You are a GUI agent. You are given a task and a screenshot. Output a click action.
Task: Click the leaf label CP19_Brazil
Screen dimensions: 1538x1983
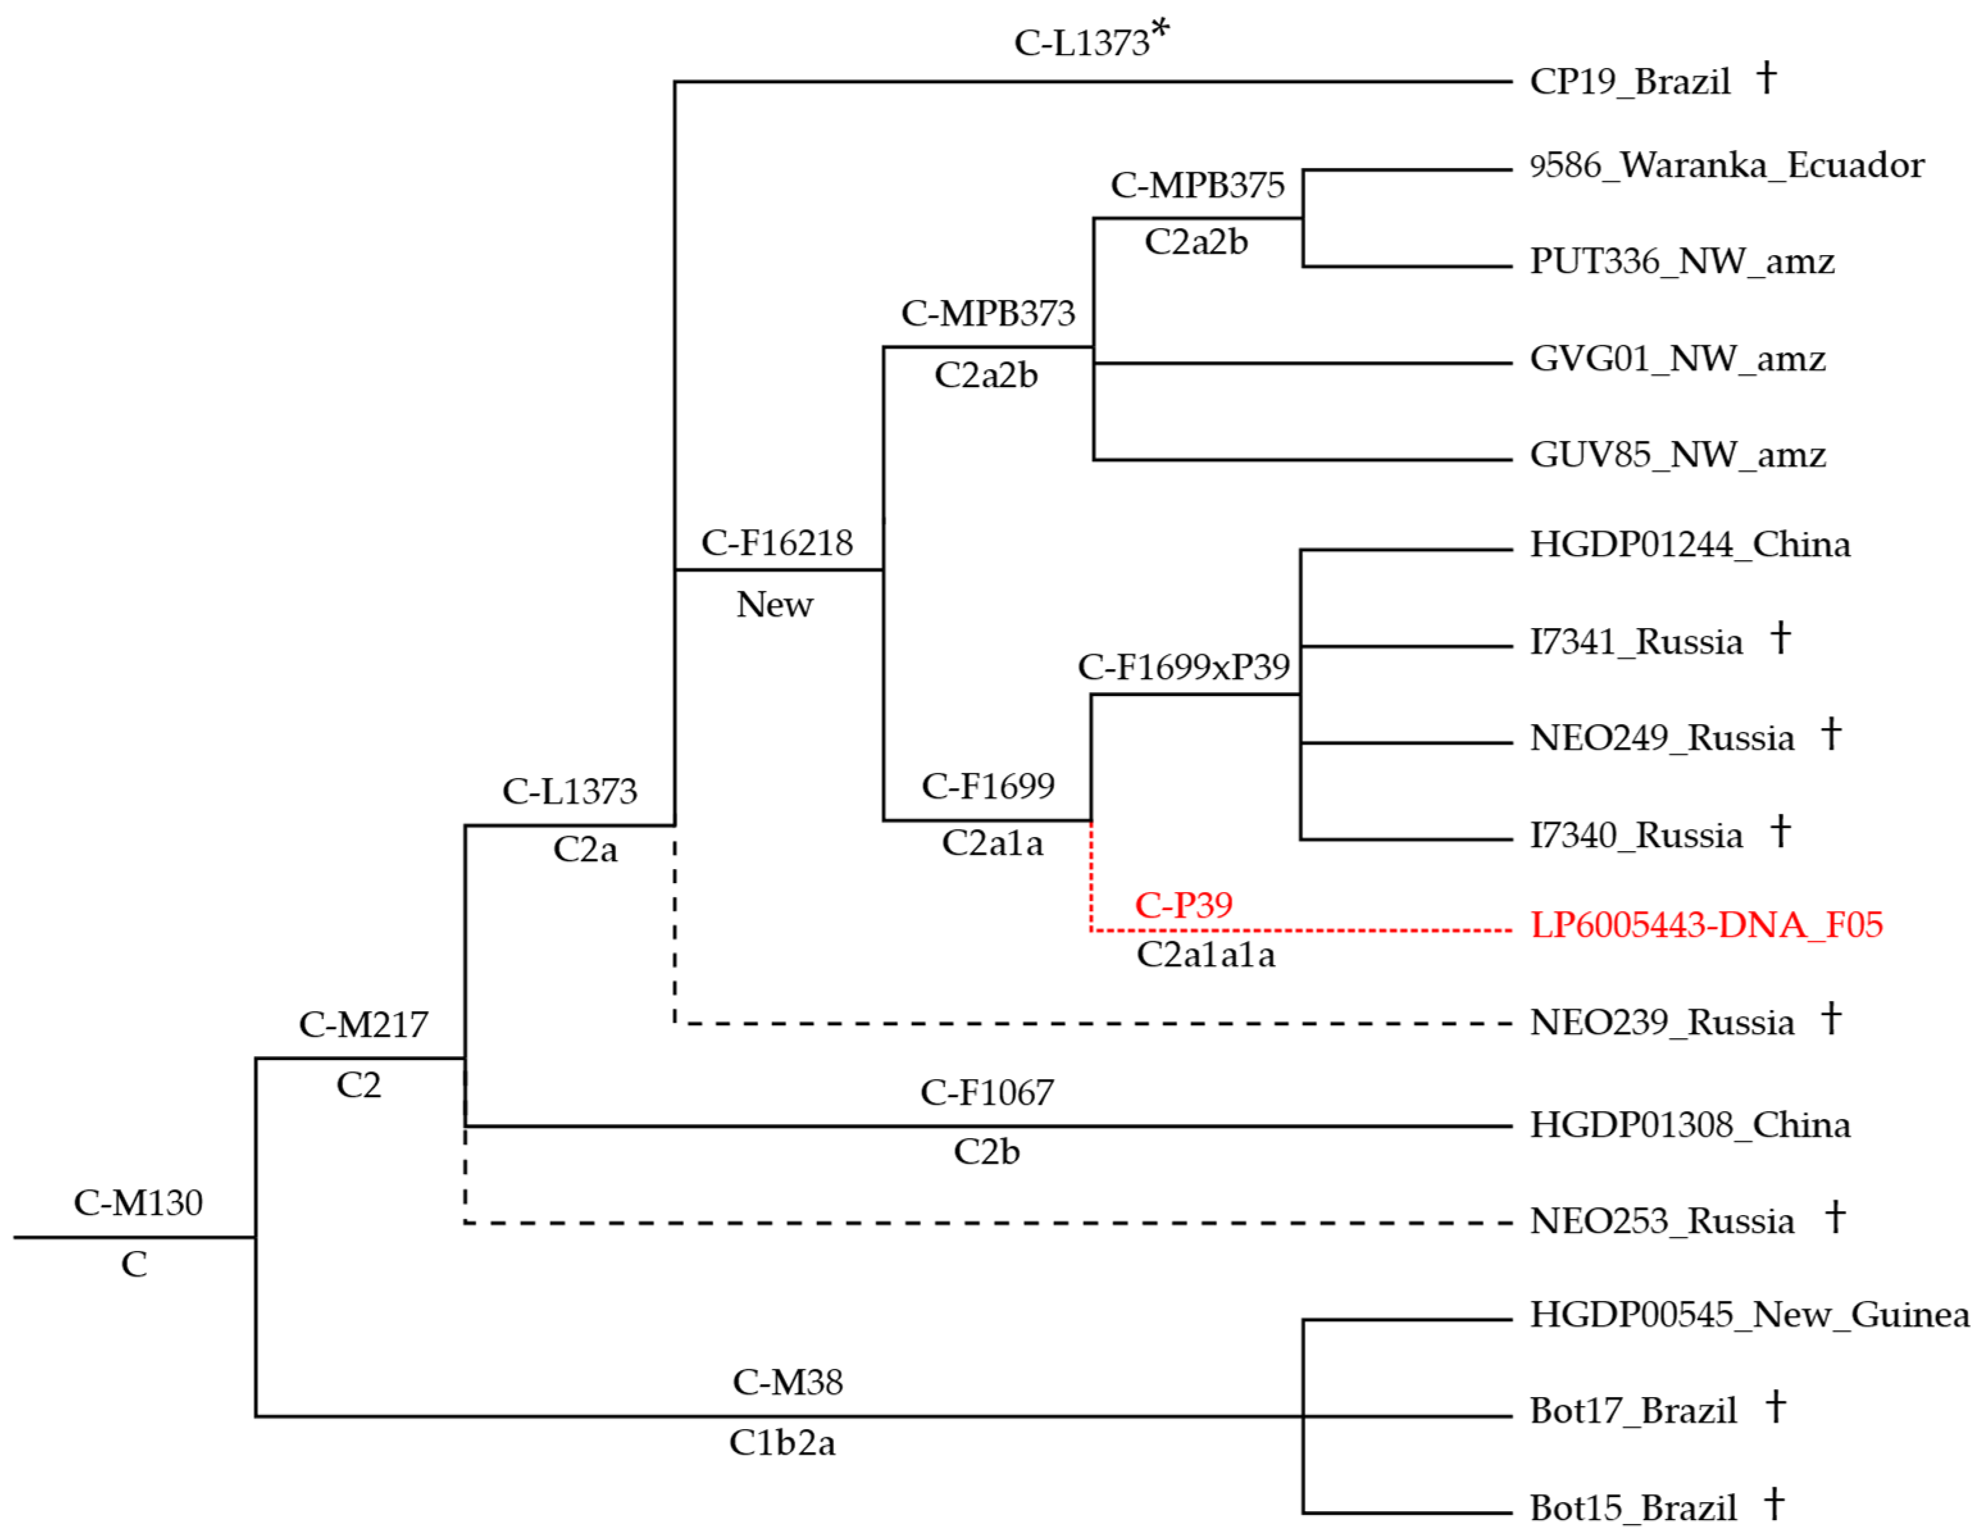click(x=1630, y=82)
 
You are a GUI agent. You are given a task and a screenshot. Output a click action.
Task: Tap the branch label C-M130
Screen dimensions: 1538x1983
click(x=138, y=1203)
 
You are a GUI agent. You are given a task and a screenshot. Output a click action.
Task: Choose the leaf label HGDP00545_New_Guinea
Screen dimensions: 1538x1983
click(x=1748, y=1314)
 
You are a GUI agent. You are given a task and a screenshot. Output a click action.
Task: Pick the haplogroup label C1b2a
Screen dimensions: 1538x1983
click(x=782, y=1442)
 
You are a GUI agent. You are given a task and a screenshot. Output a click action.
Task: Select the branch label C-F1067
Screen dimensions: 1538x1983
click(x=987, y=1092)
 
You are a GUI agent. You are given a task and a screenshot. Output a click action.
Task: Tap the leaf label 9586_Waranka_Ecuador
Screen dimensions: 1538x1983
click(x=1726, y=165)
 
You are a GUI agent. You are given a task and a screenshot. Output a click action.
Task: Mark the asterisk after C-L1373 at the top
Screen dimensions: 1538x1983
click(x=1160, y=30)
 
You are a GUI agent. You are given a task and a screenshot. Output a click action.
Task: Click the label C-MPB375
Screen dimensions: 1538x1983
click(x=1197, y=185)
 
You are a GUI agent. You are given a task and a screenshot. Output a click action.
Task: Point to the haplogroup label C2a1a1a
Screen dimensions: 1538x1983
click(x=1206, y=954)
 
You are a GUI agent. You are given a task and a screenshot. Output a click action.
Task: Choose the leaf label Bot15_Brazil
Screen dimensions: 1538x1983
click(x=1633, y=1508)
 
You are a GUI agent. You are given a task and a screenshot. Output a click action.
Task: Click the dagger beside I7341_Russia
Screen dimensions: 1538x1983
click(x=1781, y=638)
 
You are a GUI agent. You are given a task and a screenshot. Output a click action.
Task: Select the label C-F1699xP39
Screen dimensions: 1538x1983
click(x=1183, y=667)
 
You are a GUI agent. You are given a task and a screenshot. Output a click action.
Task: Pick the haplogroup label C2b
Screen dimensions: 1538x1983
click(x=986, y=1151)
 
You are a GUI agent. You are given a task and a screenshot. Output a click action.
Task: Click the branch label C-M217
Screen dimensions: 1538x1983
click(x=363, y=1025)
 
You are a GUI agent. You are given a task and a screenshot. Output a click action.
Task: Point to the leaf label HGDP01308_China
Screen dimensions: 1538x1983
click(x=1690, y=1125)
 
